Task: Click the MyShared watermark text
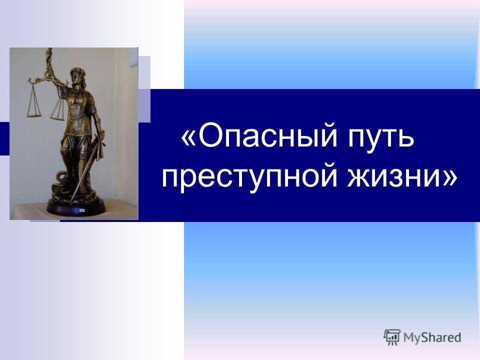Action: click(x=432, y=337)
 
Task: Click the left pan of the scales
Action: click(x=33, y=115)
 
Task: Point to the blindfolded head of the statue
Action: click(x=76, y=75)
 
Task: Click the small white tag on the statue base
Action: click(x=81, y=210)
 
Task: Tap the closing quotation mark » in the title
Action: click(x=449, y=177)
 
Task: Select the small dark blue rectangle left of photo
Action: click(x=4, y=138)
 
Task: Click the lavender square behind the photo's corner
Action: click(x=144, y=89)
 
